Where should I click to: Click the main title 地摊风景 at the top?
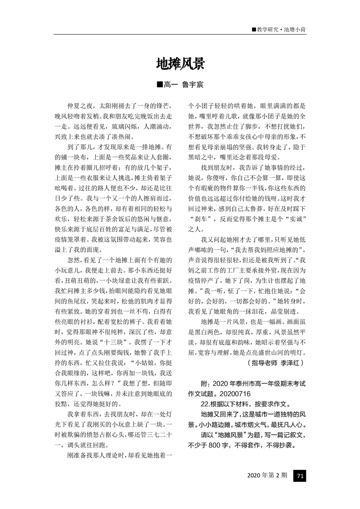tap(180, 64)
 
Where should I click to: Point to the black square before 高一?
tap(159, 84)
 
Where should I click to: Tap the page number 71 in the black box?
tap(300, 475)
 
